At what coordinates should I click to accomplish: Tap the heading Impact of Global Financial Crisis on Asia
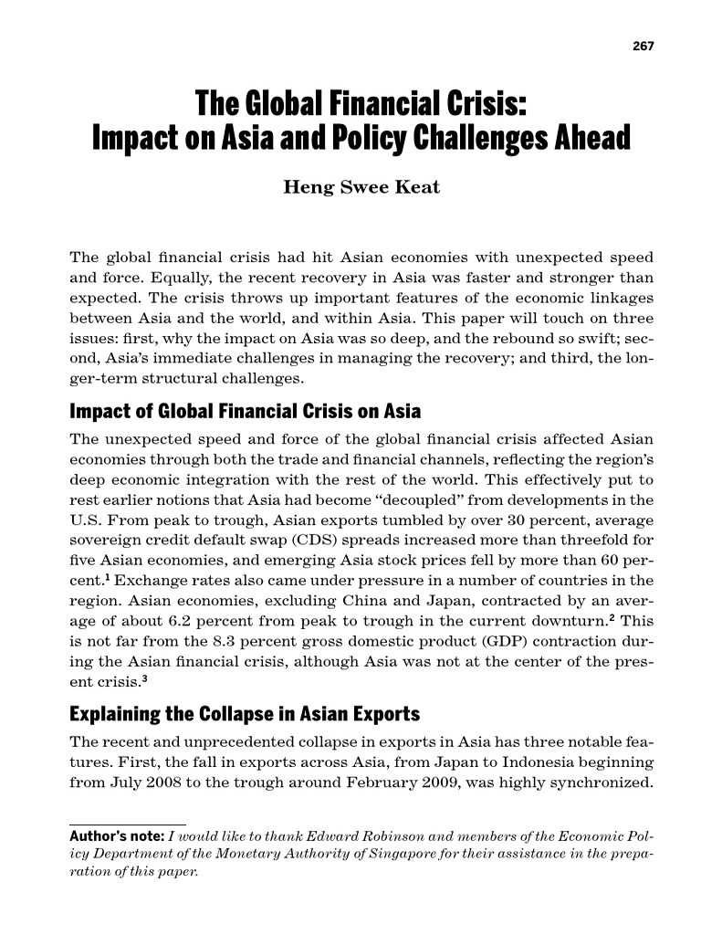pyautogui.click(x=245, y=411)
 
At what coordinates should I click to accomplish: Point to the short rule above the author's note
pyautogui.click(x=128, y=824)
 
